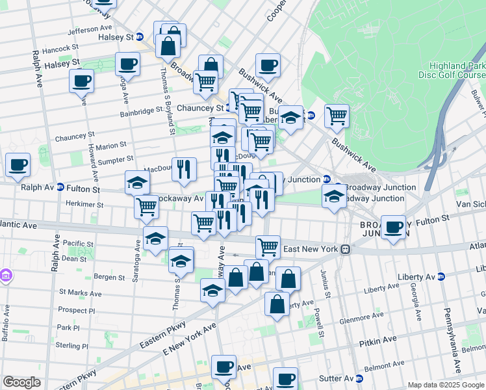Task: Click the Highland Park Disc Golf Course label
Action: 456,70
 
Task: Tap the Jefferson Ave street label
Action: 90,30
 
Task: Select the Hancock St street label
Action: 60,48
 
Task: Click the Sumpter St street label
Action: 116,158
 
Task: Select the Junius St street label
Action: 325,284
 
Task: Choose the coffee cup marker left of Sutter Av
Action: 285,378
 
